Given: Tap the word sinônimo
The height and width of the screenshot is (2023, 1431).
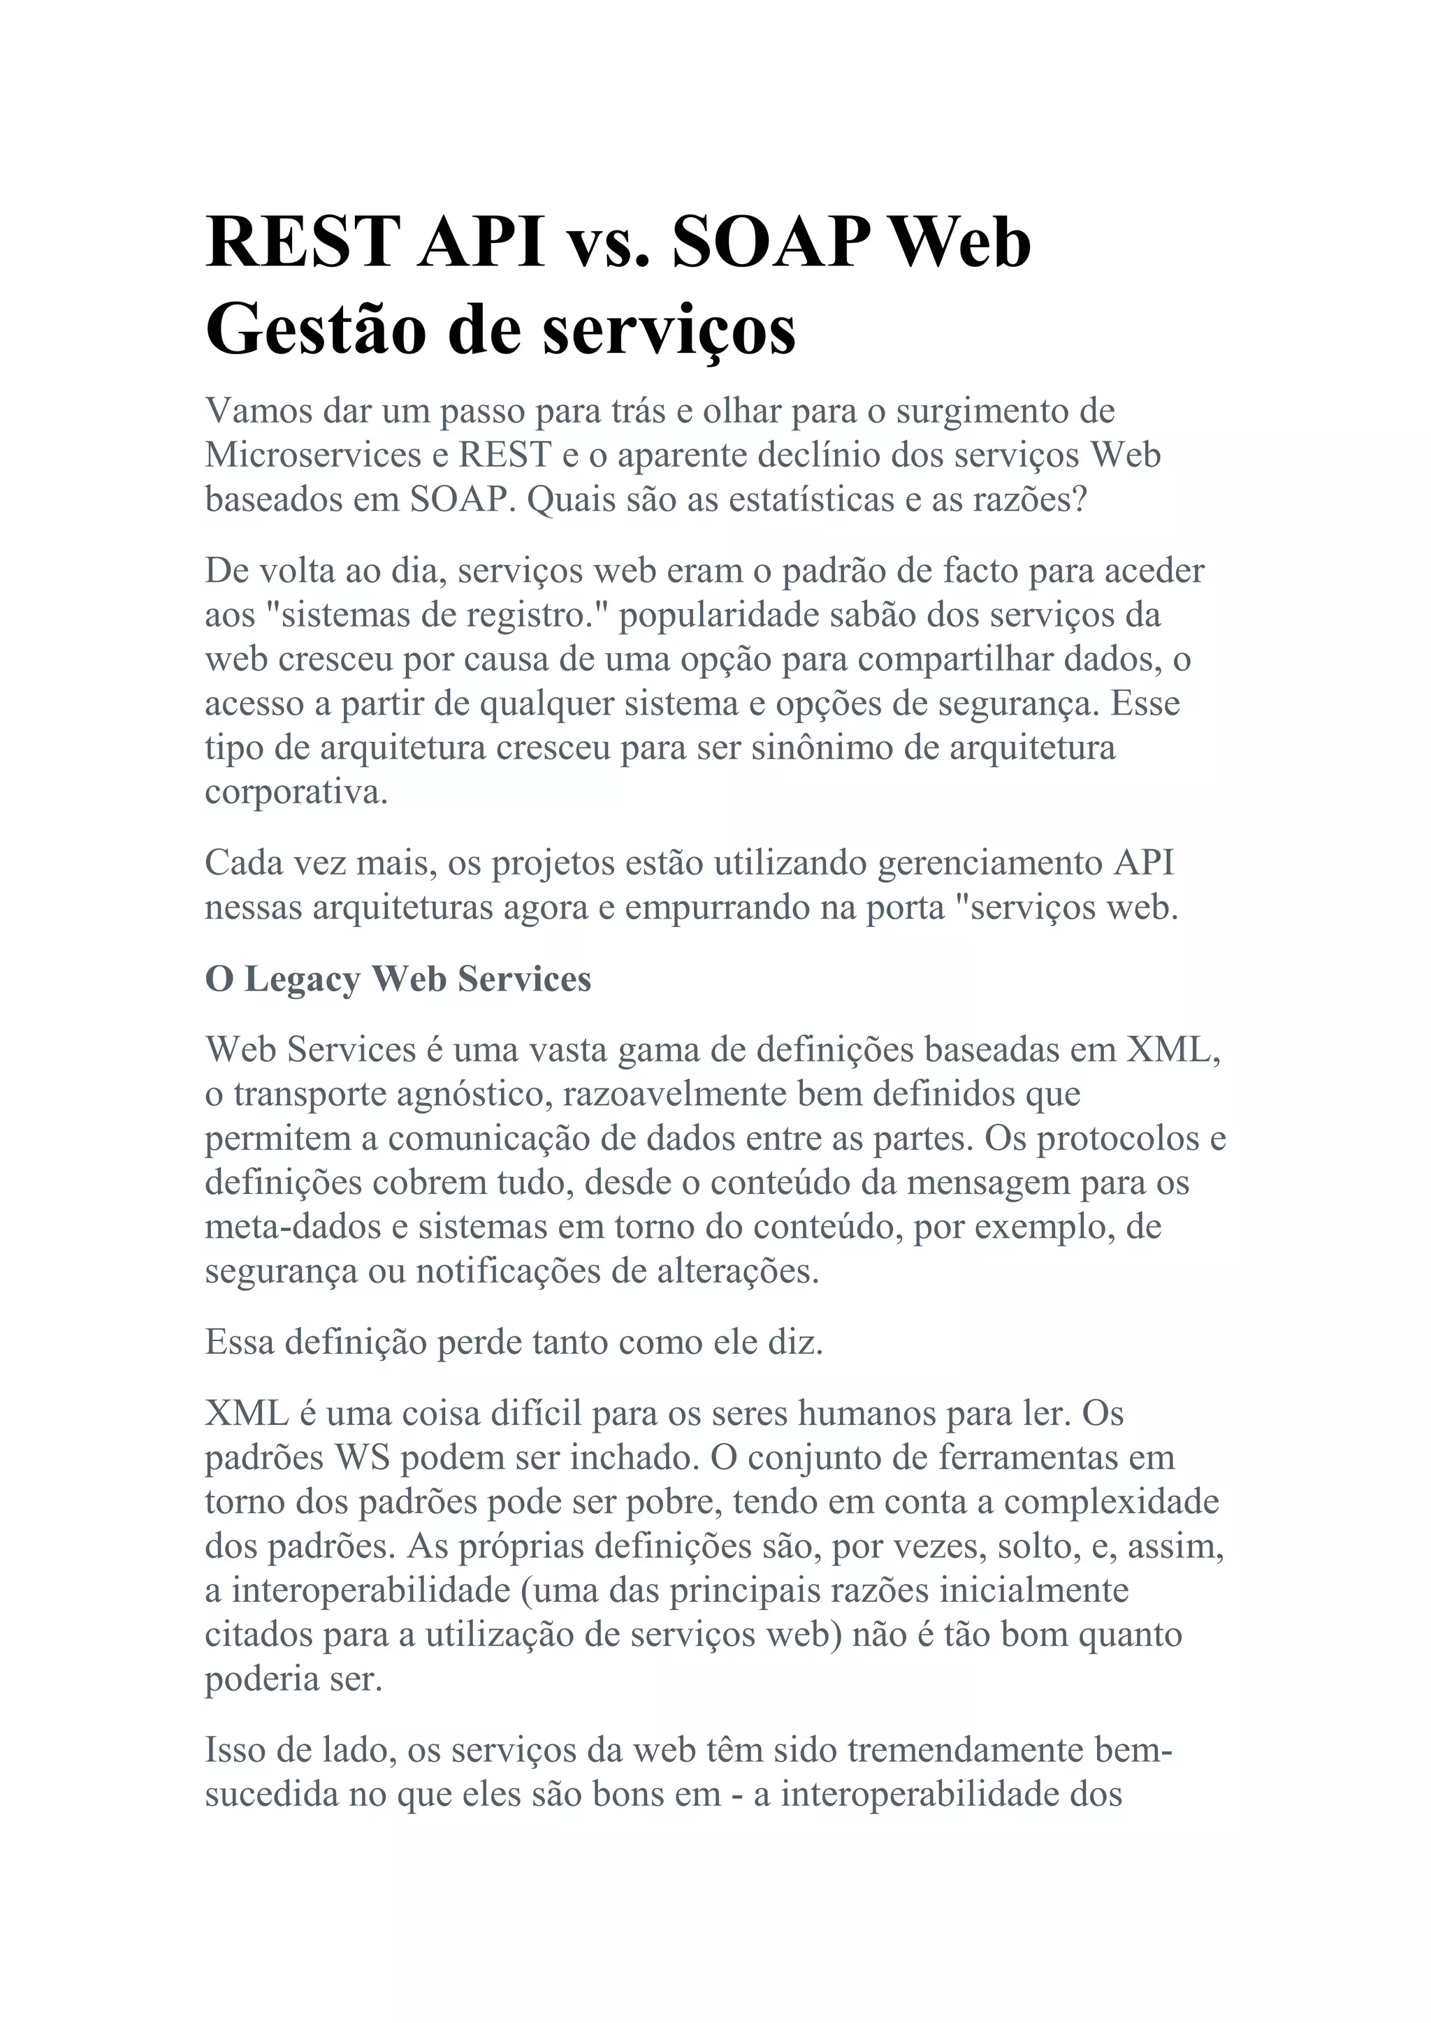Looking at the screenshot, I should tap(820, 747).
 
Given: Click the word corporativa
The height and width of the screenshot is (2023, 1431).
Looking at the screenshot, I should tap(296, 792).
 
